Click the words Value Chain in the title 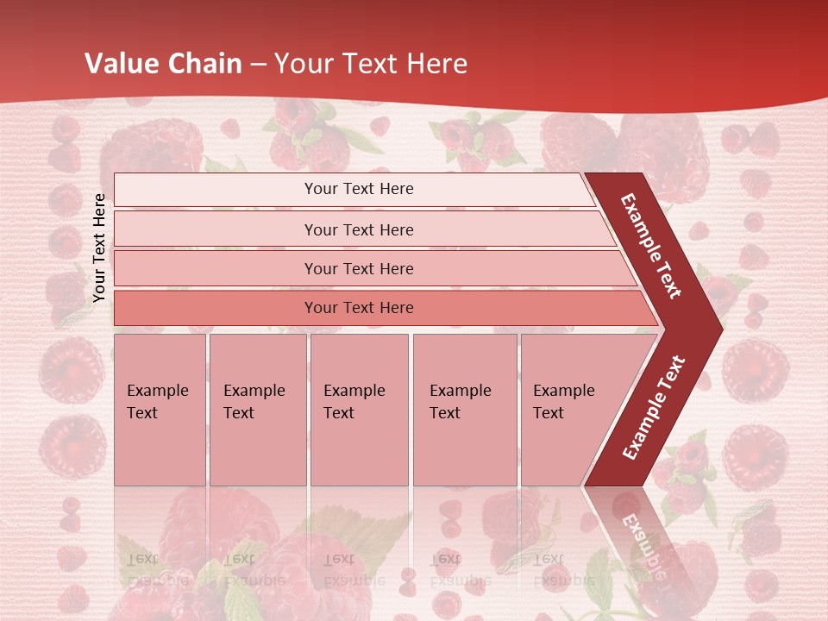163,64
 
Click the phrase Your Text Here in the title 371,64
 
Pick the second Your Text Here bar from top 359,229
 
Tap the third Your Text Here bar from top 359,268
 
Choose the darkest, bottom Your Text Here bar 359,308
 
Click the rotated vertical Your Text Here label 99,248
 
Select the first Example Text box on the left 160,410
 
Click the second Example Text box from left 257,410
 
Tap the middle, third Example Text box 358,410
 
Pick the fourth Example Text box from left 464,410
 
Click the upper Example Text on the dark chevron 651,246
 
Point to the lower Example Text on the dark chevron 654,407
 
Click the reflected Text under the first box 142,558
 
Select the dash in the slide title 258,64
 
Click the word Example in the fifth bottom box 563,391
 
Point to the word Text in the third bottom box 339,413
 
